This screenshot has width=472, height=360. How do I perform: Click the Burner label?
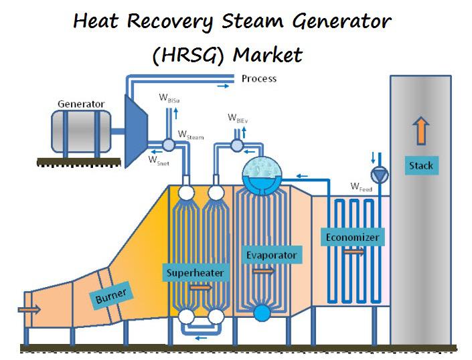click(111, 296)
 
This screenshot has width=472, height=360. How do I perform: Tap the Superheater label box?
click(195, 272)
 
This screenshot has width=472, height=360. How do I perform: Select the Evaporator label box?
click(272, 255)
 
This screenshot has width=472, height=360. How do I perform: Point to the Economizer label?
click(352, 237)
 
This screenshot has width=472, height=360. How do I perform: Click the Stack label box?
click(421, 165)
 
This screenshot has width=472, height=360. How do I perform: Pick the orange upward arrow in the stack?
click(421, 130)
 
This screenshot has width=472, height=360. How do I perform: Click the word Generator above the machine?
click(81, 104)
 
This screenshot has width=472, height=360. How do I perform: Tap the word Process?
click(259, 79)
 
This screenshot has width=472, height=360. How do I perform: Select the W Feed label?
click(362, 187)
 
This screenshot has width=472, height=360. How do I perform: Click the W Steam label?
click(191, 135)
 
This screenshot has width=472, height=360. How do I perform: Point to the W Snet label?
click(159, 161)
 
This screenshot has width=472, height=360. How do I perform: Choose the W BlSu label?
click(169, 98)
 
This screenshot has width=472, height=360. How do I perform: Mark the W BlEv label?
click(238, 118)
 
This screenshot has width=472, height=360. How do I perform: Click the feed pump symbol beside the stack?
click(380, 175)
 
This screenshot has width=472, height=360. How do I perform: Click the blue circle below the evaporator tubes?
click(262, 313)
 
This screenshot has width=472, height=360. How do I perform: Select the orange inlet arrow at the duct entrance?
click(29, 309)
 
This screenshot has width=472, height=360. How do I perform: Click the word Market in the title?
click(268, 55)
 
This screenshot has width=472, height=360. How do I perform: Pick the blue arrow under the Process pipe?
click(223, 86)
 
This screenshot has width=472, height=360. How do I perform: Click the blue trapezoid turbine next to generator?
click(136, 131)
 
